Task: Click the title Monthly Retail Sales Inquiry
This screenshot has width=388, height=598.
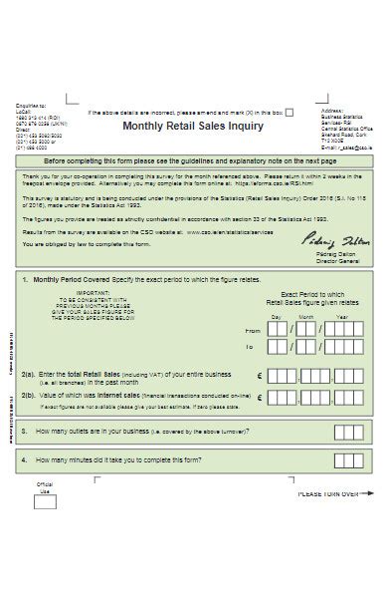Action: [193, 127]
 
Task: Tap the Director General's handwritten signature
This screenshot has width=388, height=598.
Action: [325, 242]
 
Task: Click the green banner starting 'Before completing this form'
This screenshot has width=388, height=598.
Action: [190, 159]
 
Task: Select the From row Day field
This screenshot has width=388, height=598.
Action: [279, 329]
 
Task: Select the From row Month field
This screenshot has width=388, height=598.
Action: [307, 329]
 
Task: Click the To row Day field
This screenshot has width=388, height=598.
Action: [279, 348]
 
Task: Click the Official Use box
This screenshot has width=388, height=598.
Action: [44, 501]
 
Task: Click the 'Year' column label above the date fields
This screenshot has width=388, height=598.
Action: [341, 317]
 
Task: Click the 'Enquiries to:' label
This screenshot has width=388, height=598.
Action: [30, 104]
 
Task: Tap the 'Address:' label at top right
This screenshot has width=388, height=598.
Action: [331, 111]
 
